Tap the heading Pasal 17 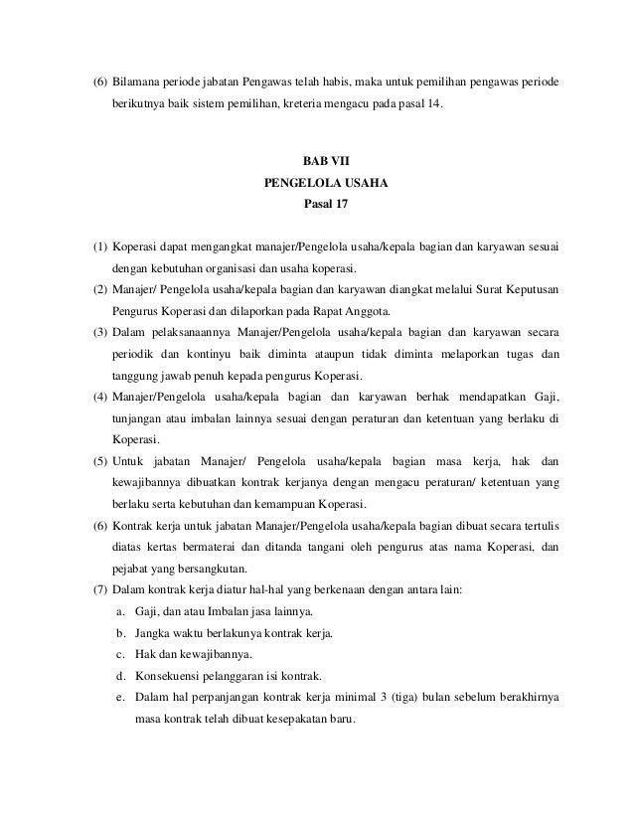319,207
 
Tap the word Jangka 158,634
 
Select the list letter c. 119,655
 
